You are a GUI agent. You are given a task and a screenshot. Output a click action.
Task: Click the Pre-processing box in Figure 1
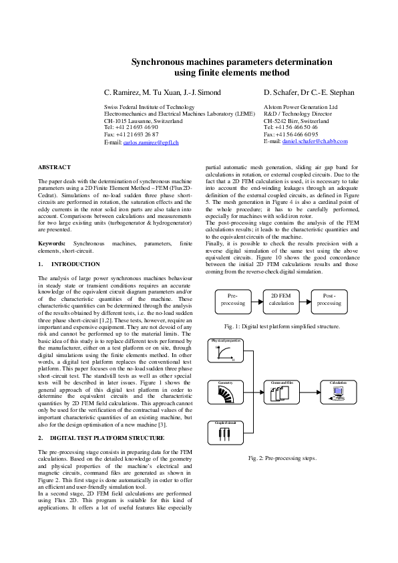pyautogui.click(x=233, y=300)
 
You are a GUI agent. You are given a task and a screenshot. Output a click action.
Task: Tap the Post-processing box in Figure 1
pyautogui.click(x=329, y=300)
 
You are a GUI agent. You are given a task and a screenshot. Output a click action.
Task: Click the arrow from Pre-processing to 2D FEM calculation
pyautogui.click(x=257, y=300)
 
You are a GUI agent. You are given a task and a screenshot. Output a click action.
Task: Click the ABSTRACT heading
pyautogui.click(x=54, y=166)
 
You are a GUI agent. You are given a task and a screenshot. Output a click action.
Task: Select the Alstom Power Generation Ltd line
pyautogui.click(x=301, y=106)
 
